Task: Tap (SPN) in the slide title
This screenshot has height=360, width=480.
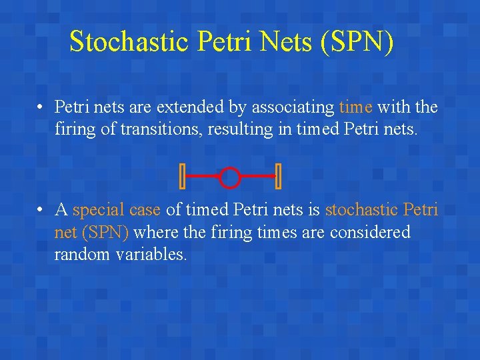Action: pos(357,41)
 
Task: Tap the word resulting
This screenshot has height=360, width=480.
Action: pos(240,129)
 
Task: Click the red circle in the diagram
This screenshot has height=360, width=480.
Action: pos(229,177)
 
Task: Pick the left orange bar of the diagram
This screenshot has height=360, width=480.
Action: pos(182,176)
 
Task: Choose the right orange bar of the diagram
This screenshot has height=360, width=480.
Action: pos(278,176)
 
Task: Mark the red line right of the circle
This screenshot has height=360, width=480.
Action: pos(257,176)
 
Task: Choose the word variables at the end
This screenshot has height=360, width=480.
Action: pos(151,255)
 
